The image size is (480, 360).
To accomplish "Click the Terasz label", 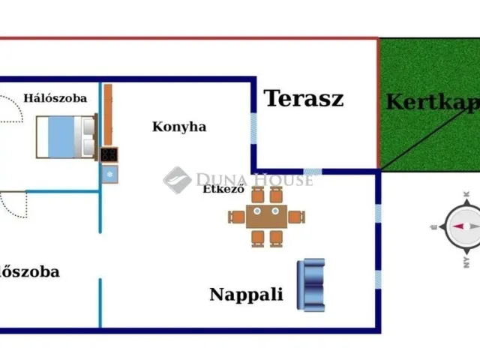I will point(303,98).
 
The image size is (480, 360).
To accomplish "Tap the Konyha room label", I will point(179,127).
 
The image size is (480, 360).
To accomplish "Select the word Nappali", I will point(246,294).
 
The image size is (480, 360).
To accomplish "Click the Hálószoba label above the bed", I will point(55,97).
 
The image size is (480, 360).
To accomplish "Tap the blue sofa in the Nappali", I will point(311,284).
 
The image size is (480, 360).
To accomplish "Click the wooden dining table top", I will point(266,217).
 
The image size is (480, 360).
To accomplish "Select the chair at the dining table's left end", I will point(237,217).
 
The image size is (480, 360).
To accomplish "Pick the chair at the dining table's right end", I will point(297,217).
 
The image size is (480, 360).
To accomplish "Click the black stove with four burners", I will point(109,154).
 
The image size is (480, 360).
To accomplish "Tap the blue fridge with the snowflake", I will point(109,173).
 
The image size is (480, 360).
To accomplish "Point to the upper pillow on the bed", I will point(88,126).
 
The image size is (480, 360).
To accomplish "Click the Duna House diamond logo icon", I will point(176,180).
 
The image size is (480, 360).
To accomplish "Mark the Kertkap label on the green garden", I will point(431,102).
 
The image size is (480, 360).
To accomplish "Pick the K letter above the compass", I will point(466,195).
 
